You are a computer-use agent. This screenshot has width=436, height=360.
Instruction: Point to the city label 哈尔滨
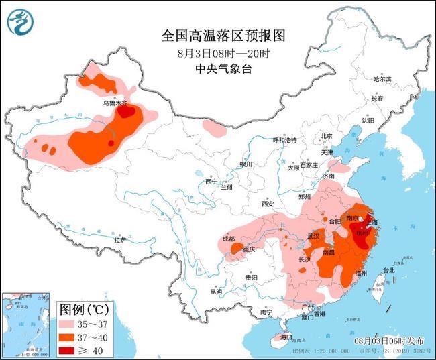pyautogui.click(x=382, y=79)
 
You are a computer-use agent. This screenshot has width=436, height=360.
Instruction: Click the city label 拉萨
pyautogui.click(x=120, y=239)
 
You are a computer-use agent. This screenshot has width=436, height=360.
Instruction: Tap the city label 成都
pyautogui.click(x=228, y=239)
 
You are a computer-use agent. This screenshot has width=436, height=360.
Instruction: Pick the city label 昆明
pyautogui.click(x=215, y=292)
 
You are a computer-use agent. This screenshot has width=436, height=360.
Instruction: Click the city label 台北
pyautogui.click(x=389, y=270)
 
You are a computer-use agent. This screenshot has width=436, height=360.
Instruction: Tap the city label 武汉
pyautogui.click(x=313, y=236)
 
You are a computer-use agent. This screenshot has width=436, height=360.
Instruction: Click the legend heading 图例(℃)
pyautogui.click(x=84, y=309)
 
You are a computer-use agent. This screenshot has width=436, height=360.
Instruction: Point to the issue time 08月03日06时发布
pyautogui.click(x=390, y=342)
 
